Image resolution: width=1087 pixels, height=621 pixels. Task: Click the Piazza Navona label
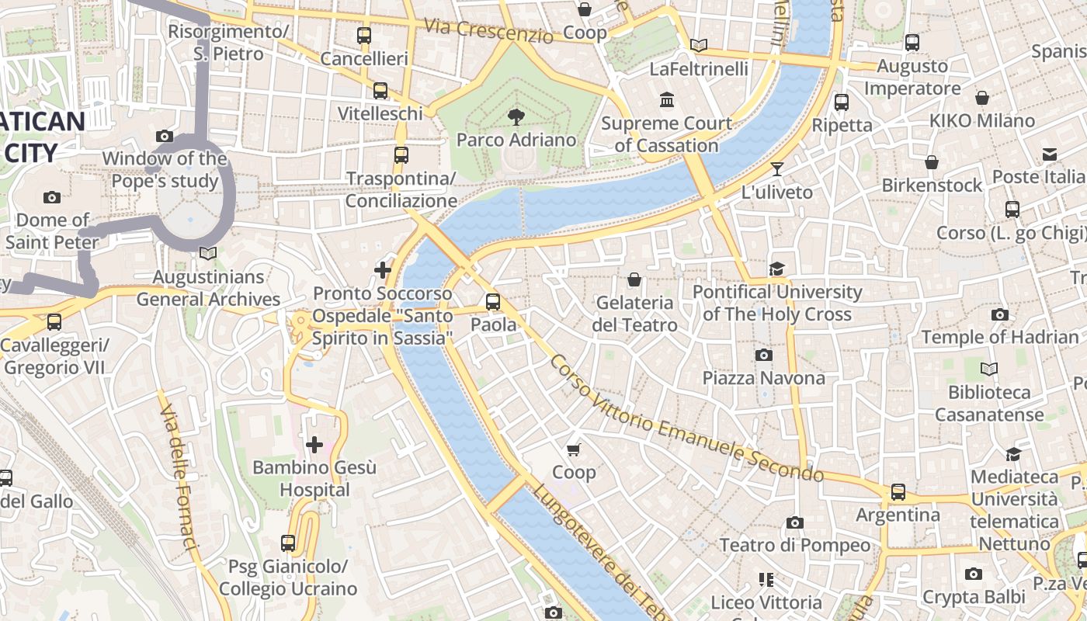763,378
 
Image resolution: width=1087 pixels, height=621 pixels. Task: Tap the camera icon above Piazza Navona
763,356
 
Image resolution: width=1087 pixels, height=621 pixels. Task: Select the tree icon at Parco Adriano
516,117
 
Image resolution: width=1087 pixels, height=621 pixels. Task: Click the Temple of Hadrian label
1000,337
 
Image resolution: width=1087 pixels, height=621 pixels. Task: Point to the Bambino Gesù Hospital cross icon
314,445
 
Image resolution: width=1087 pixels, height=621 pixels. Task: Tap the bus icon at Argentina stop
898,492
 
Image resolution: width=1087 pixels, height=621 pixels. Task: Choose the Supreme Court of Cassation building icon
667,100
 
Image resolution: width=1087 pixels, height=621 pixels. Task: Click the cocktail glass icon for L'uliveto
777,169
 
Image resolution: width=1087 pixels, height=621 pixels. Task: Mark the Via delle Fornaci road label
178,474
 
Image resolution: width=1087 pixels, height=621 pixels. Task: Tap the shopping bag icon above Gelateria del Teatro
634,279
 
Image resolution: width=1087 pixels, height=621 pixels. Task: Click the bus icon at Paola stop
493,302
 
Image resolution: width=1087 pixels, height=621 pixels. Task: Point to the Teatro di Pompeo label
795,545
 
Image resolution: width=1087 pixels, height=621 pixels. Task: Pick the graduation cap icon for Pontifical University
776,269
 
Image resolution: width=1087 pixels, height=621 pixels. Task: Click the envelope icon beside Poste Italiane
1050,154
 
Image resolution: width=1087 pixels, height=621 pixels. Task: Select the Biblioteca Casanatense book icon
989,369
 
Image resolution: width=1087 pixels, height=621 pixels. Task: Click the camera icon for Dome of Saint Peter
52,197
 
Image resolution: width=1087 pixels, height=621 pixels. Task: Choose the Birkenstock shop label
932,186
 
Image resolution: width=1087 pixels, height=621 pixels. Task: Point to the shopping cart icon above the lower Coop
574,449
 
